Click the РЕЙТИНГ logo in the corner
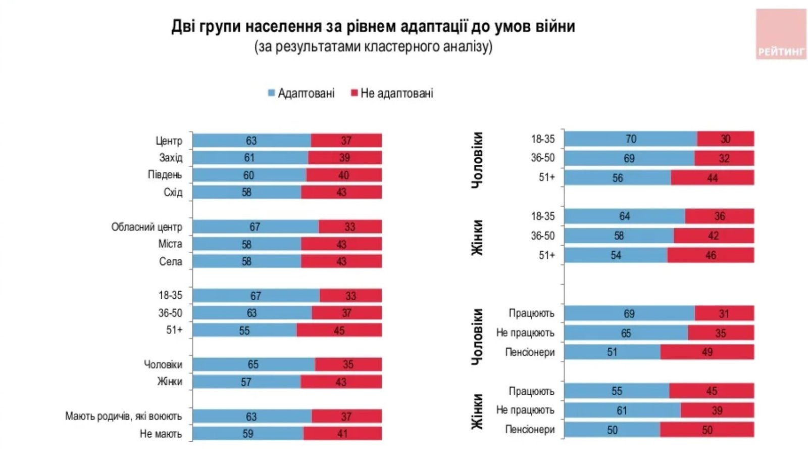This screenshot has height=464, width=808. click(x=781, y=34)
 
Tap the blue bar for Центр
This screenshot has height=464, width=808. click(x=251, y=141)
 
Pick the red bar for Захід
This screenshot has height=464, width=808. click(x=345, y=158)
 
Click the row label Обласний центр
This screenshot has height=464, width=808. click(x=146, y=227)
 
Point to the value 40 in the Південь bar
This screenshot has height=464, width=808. click(x=343, y=175)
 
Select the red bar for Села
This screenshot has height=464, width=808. click(x=341, y=261)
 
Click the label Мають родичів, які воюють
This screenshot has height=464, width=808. click(x=123, y=416)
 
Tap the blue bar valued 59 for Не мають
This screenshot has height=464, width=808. click(x=247, y=434)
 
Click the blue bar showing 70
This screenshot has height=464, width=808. click(x=631, y=139)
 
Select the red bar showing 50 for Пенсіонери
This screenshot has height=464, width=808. click(x=706, y=430)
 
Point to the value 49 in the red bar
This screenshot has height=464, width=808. click(x=707, y=352)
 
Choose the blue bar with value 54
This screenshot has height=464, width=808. click(x=616, y=255)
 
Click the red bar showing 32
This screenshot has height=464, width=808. click(x=724, y=159)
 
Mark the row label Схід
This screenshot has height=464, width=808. click(x=173, y=193)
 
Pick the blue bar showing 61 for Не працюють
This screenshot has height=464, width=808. click(x=622, y=410)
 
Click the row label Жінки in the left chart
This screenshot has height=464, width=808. click(x=170, y=382)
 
